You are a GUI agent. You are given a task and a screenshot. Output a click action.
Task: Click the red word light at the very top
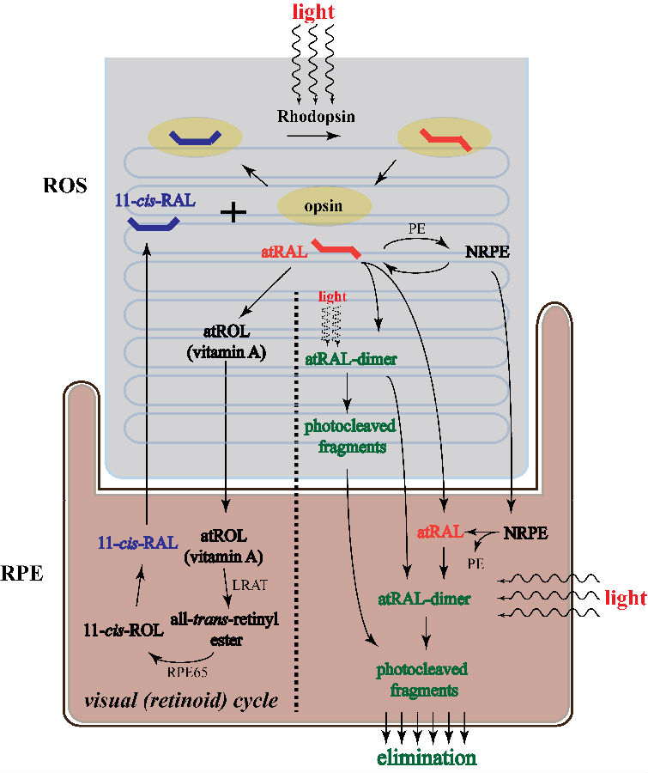click(x=314, y=13)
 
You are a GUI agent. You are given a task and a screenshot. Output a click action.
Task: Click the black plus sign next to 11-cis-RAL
click(x=233, y=212)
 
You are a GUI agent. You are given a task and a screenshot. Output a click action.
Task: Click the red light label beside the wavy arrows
click(x=625, y=598)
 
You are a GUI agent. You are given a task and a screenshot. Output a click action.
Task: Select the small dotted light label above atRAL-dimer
click(x=332, y=296)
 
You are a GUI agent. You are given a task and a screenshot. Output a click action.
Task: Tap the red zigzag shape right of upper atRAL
click(x=336, y=250)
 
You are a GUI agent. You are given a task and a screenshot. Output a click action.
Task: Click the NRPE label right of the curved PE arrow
click(x=485, y=254)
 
